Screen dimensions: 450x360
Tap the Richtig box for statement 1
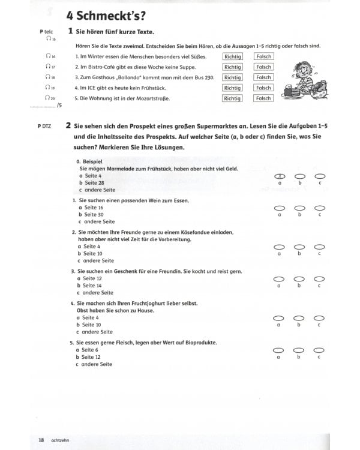tap(232, 56)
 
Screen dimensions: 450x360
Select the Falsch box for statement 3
tap(263, 77)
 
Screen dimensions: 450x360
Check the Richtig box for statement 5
tap(232, 98)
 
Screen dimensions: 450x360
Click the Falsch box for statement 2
tap(263, 67)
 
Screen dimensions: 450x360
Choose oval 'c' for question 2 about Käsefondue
tap(320, 247)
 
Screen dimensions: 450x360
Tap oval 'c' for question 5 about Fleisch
tap(320, 350)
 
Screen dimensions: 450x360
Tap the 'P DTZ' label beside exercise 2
tap(44, 125)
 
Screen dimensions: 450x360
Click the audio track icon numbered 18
tap(50, 77)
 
